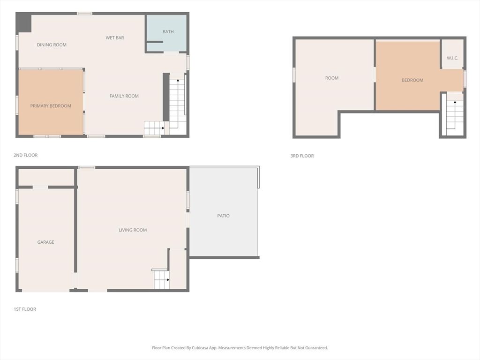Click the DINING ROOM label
(x=52, y=45)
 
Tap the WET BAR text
(x=115, y=38)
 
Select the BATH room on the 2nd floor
(x=168, y=32)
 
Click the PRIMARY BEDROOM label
(x=51, y=106)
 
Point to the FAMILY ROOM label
(x=124, y=96)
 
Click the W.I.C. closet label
(x=452, y=58)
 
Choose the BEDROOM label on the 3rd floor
(x=412, y=80)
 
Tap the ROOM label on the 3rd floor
(x=332, y=78)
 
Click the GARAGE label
(x=46, y=242)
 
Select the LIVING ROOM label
(x=133, y=230)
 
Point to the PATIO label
(x=224, y=216)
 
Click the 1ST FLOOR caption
(x=25, y=309)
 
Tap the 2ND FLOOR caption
(x=26, y=155)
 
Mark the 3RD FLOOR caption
(x=302, y=156)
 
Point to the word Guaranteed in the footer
(x=315, y=348)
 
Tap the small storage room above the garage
(x=46, y=177)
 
